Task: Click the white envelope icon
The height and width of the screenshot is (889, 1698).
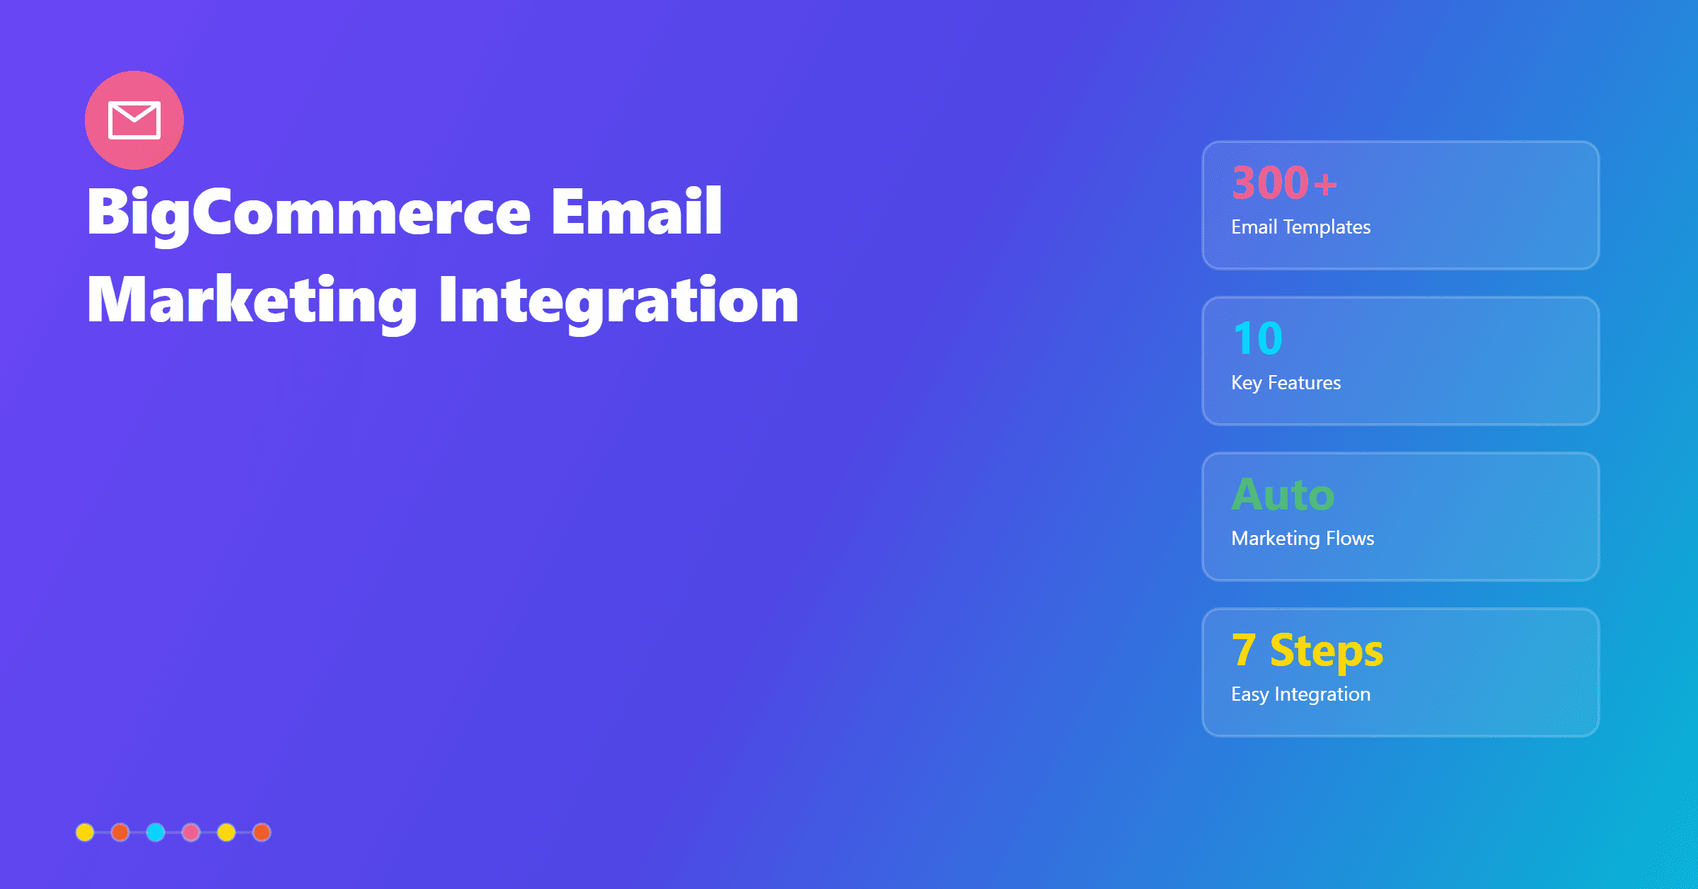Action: (134, 120)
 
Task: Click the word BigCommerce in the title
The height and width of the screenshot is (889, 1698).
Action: (308, 212)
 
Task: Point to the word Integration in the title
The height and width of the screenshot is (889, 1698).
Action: (618, 301)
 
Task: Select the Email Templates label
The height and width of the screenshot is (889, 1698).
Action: (1300, 226)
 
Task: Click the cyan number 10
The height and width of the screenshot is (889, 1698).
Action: (1257, 338)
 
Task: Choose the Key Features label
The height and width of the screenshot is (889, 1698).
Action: (1286, 382)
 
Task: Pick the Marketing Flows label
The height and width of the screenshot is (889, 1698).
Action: (1302, 538)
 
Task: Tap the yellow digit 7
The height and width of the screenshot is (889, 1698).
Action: (1244, 650)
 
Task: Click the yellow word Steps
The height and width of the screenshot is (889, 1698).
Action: (1326, 651)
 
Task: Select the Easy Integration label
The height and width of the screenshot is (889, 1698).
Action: (1300, 694)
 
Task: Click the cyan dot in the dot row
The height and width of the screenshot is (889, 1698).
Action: (156, 832)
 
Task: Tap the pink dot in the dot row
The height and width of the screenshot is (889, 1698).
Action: (191, 832)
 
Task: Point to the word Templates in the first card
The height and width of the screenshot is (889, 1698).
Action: (1327, 226)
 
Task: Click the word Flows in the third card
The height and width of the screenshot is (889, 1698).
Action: (1350, 538)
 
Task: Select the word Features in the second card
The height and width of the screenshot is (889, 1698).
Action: (1304, 382)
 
